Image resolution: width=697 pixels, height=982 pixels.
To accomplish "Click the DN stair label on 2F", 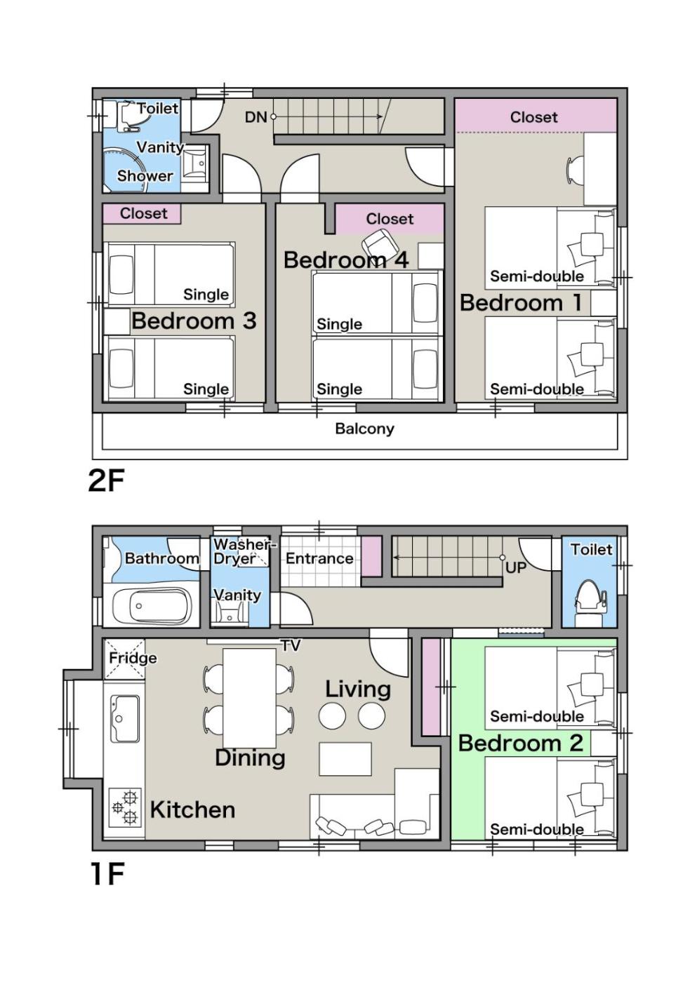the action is tap(255, 118).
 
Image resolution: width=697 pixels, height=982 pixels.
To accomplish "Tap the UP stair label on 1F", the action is tap(515, 567).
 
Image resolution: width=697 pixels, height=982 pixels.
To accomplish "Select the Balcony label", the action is tap(364, 429).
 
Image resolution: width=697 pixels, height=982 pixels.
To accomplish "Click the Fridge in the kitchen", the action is tap(124, 659).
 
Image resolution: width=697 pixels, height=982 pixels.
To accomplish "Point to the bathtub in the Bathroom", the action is tap(152, 606).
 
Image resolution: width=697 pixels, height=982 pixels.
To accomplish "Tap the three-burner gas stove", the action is tap(125, 807).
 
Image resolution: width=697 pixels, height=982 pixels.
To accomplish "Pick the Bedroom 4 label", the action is tap(346, 260).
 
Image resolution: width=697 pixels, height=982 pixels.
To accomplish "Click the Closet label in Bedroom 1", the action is tap(534, 117).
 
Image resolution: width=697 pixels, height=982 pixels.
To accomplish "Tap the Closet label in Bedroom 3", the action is tap(143, 213).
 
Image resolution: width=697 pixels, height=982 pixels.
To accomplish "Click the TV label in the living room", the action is tap(291, 645).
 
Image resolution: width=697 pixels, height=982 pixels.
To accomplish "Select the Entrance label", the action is tap(319, 558).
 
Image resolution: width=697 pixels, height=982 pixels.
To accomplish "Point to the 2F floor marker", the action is tap(106, 481).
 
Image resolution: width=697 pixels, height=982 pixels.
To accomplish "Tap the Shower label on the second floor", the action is tap(145, 176).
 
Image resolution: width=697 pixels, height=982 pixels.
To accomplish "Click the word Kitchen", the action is tap(192, 809).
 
